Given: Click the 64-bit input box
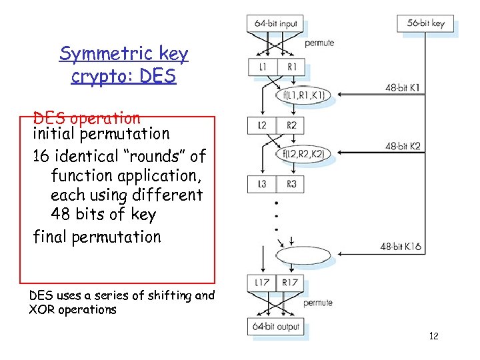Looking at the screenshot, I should coord(275,23).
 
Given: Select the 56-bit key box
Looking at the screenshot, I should coord(425,23).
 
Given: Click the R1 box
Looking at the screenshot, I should coord(291,67).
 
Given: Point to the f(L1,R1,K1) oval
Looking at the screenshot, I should coord(303,95).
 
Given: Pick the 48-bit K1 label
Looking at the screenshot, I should coord(403,87).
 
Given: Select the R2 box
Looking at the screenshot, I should coord(291,125).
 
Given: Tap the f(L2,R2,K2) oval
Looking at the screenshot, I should coord(303,154).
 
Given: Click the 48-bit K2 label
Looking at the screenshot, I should coord(403,146).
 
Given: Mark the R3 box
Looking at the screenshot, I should coord(291,184).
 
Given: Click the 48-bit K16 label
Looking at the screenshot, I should coord(401,247).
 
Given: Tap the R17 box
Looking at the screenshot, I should coord(291,283).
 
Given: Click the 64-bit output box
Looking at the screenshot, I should coord(276,327).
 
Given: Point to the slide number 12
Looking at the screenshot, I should coord(433,336).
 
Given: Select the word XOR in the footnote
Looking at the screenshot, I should coord(41,309).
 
